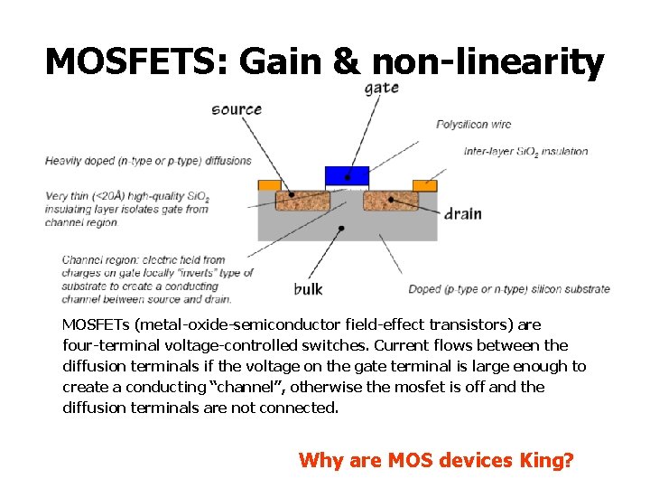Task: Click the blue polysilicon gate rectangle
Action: [x=347, y=175]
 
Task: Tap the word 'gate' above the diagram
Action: [x=382, y=88]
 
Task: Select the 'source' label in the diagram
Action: [x=237, y=109]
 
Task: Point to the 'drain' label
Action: [x=462, y=214]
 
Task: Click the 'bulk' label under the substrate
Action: [x=308, y=289]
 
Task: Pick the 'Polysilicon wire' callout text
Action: [x=473, y=124]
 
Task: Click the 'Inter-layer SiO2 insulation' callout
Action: [x=525, y=151]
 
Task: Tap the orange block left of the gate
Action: [x=269, y=185]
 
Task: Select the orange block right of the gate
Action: [x=424, y=185]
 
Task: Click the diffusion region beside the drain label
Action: [x=391, y=201]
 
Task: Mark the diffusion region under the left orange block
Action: [x=302, y=201]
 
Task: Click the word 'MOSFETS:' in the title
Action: [x=135, y=61]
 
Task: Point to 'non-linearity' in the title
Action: [x=487, y=61]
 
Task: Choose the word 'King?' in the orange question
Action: [x=547, y=460]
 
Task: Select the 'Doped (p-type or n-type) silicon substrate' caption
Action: [x=509, y=289]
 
